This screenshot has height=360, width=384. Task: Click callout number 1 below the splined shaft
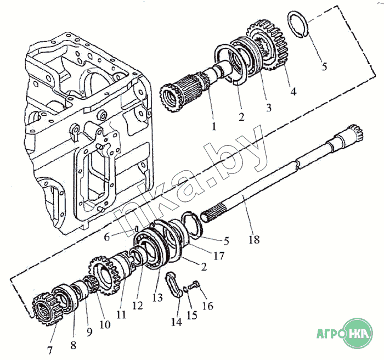tap(213, 126)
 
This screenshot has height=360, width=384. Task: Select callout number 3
tap(268, 108)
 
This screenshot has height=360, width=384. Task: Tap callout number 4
tap(293, 92)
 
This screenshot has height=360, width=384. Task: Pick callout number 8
tap(74, 346)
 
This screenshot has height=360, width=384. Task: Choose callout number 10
tap(104, 324)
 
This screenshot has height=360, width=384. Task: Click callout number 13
tap(157, 298)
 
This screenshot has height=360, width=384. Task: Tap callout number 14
tap(176, 322)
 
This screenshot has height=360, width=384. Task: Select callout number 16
tap(208, 306)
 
